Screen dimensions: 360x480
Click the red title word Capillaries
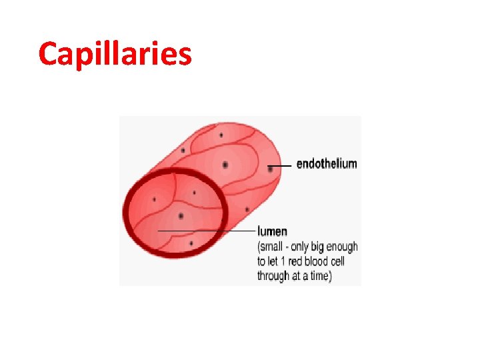pos(115,55)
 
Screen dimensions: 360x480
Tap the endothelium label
pos(327,164)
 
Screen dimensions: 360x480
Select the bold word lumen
pos(273,232)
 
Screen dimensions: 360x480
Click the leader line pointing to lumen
pos(207,231)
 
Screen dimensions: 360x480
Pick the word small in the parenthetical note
pos(274,247)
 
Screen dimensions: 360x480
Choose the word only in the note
pos(309,247)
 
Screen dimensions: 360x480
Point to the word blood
pos(321,261)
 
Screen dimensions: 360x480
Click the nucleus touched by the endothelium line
pos(270,169)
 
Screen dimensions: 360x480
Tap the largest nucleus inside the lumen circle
pos(181,216)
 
